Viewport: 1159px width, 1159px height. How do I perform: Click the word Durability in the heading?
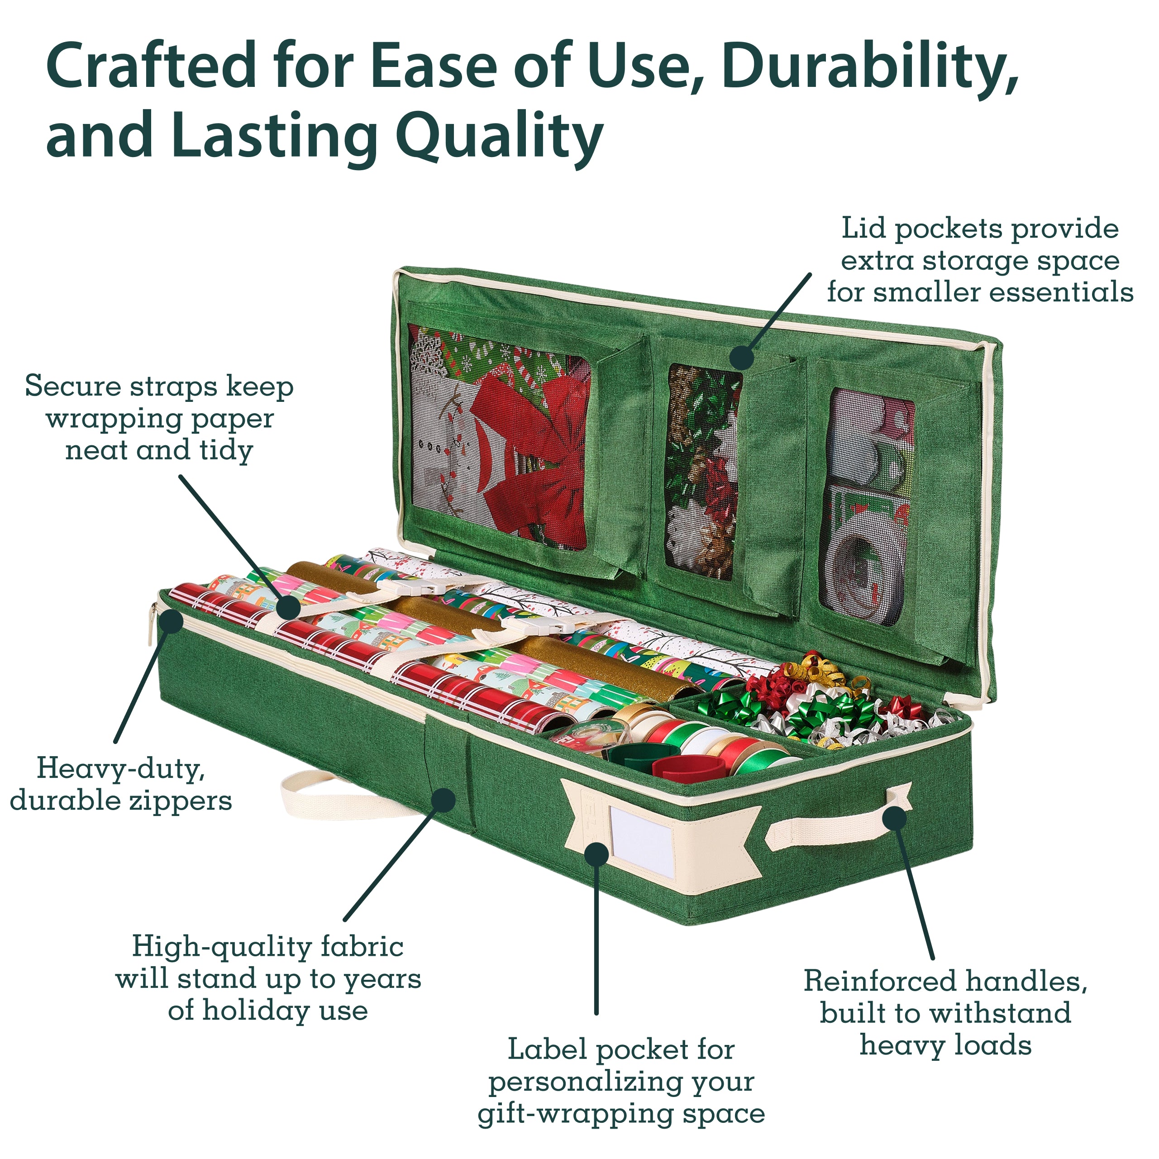pyautogui.click(x=870, y=67)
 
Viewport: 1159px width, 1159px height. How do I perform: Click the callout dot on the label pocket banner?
pyautogui.click(x=596, y=853)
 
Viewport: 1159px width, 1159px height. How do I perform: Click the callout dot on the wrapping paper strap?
pyautogui.click(x=289, y=608)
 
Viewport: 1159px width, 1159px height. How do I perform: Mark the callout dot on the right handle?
pyautogui.click(x=894, y=818)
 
